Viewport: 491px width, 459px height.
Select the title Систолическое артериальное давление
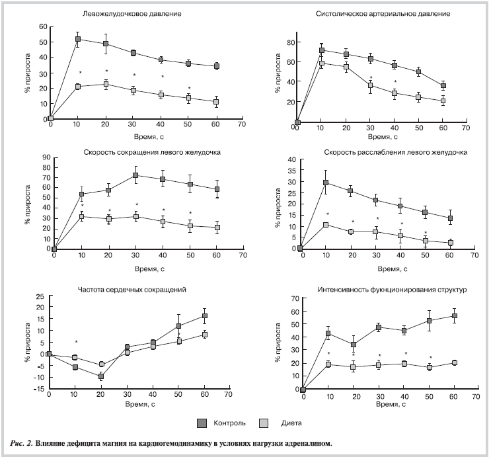[383, 14]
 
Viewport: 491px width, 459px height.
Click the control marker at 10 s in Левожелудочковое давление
[78, 39]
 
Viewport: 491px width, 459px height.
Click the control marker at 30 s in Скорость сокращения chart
[135, 175]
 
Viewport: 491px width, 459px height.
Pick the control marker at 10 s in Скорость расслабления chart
[326, 183]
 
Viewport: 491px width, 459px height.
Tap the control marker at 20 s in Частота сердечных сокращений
[101, 376]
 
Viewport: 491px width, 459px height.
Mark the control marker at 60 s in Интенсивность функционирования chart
[454, 316]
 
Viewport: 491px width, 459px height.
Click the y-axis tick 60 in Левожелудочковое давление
[43, 26]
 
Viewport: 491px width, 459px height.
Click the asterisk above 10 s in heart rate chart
[76, 343]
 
